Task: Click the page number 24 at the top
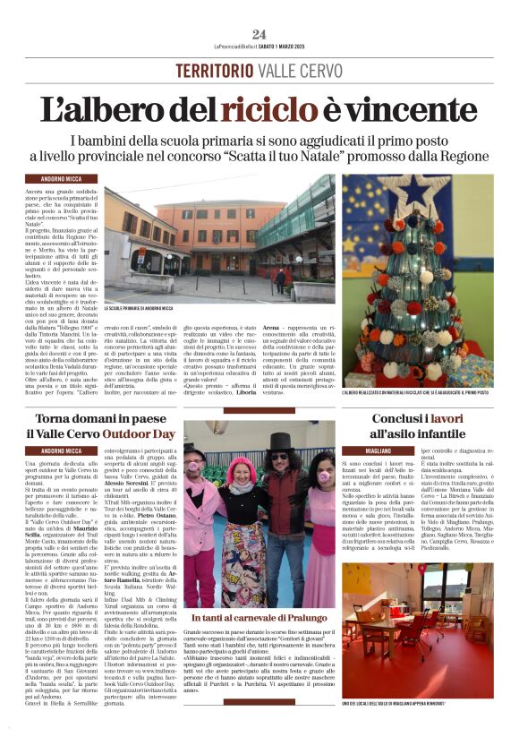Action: pos(259,33)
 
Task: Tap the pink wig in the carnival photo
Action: pos(242,468)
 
